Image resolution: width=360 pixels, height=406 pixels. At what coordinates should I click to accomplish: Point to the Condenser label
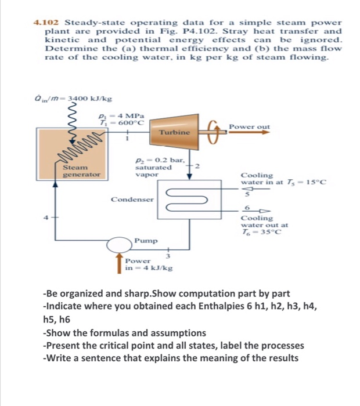point(132,200)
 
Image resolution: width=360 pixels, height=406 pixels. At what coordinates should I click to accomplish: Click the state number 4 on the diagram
point(49,217)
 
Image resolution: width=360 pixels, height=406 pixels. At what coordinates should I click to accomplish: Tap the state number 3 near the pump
point(169,255)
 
